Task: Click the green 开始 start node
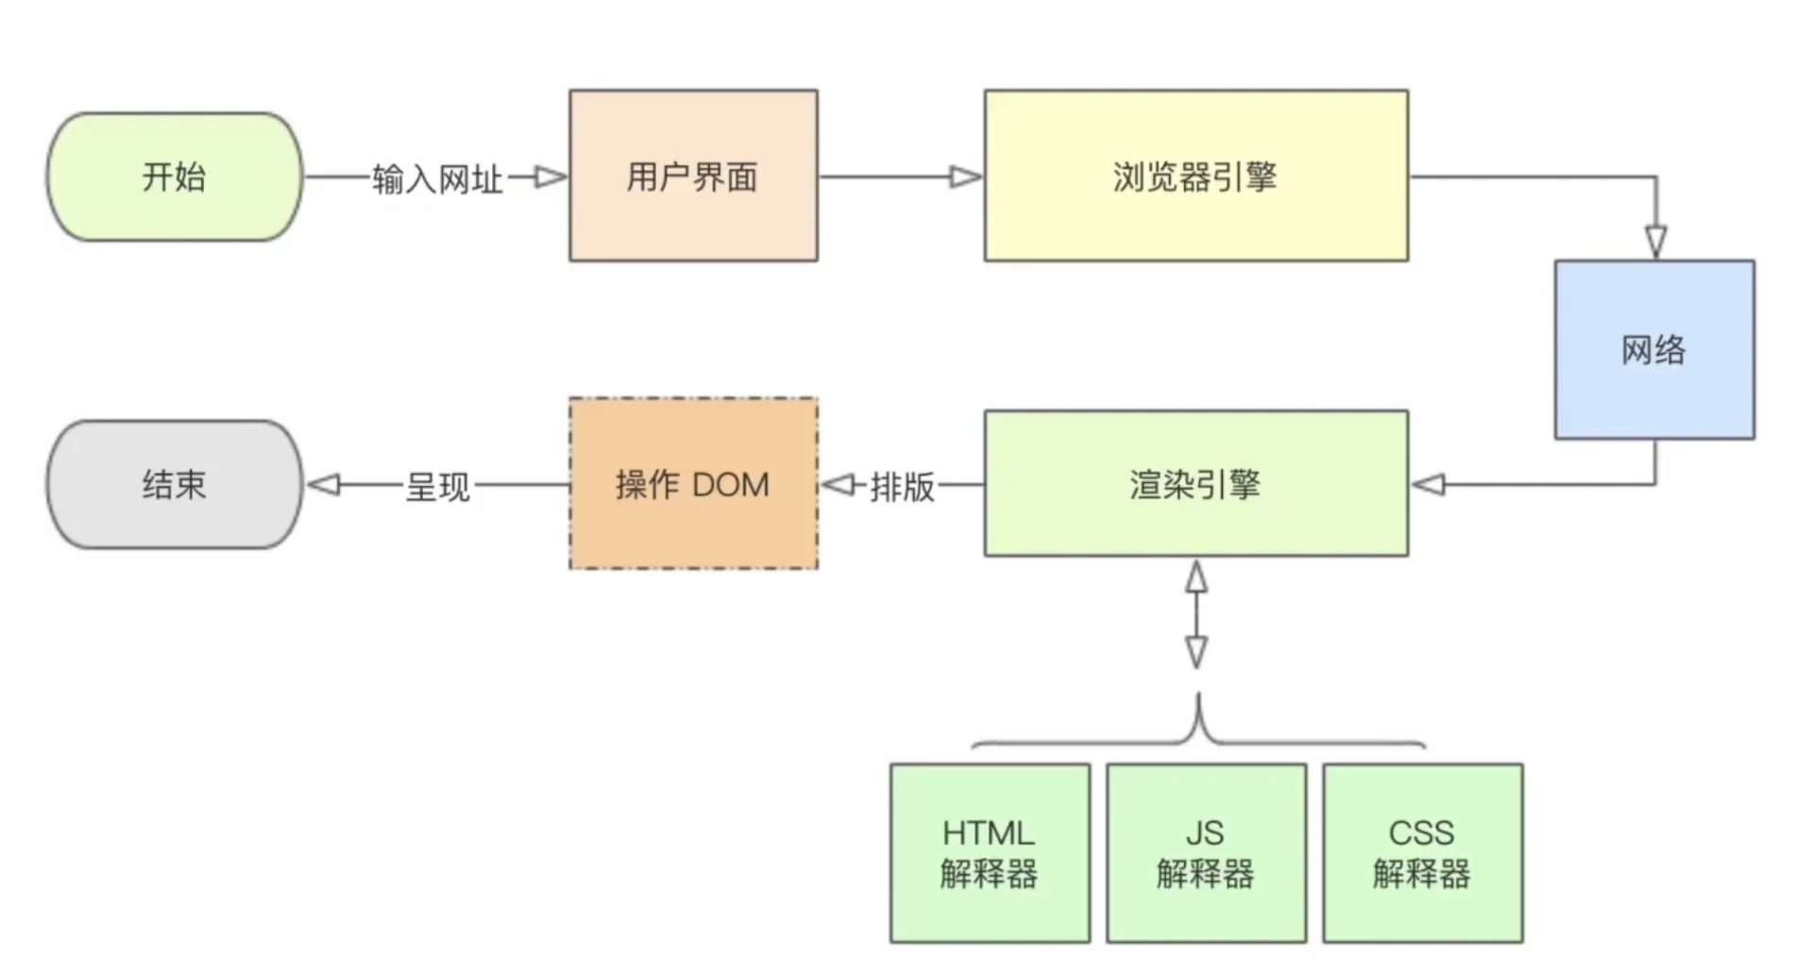tap(175, 176)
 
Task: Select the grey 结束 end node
tap(175, 484)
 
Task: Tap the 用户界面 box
tap(693, 176)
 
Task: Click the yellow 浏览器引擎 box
tap(1195, 176)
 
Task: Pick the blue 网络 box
tap(1654, 349)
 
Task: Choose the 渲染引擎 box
tap(1195, 483)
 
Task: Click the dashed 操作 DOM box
tap(693, 483)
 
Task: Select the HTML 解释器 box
tap(990, 853)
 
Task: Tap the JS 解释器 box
tap(1206, 853)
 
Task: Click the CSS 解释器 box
tap(1422, 853)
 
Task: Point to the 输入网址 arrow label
tap(437, 178)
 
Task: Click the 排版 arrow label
tap(902, 486)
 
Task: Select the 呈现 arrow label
tap(437, 486)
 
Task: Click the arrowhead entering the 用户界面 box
tap(550, 176)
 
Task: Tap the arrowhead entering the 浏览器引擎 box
tap(965, 176)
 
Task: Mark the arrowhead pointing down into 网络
tap(1655, 241)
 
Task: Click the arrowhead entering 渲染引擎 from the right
tap(1429, 484)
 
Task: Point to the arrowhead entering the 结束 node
tap(324, 484)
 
